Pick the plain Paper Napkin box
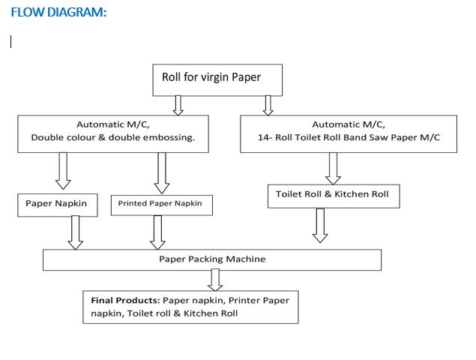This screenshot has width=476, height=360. [57, 204]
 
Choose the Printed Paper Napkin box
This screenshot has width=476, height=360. [160, 204]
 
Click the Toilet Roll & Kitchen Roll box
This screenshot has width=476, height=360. [332, 195]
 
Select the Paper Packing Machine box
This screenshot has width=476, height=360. [211, 259]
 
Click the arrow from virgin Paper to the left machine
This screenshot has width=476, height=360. [178, 105]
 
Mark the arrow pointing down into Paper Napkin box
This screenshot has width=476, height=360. [64, 171]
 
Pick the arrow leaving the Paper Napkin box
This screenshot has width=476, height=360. [76, 232]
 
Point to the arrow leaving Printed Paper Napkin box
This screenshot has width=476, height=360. [157, 232]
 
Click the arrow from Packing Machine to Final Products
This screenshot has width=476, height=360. [216, 280]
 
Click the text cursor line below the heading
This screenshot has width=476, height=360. [10, 43]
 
